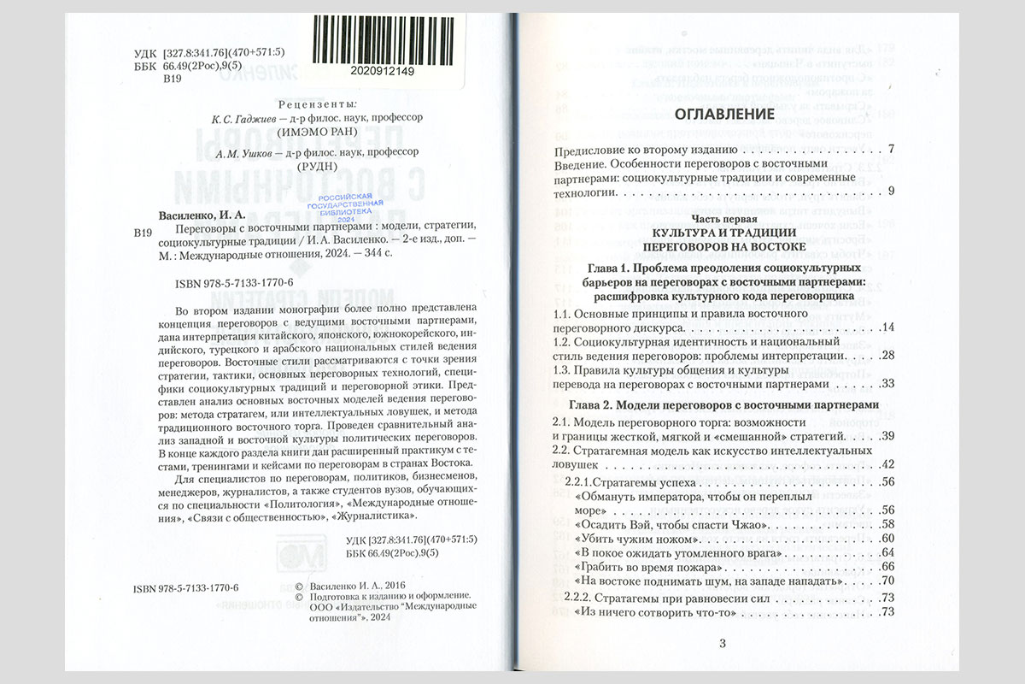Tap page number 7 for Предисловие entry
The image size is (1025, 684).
[x=890, y=150]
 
